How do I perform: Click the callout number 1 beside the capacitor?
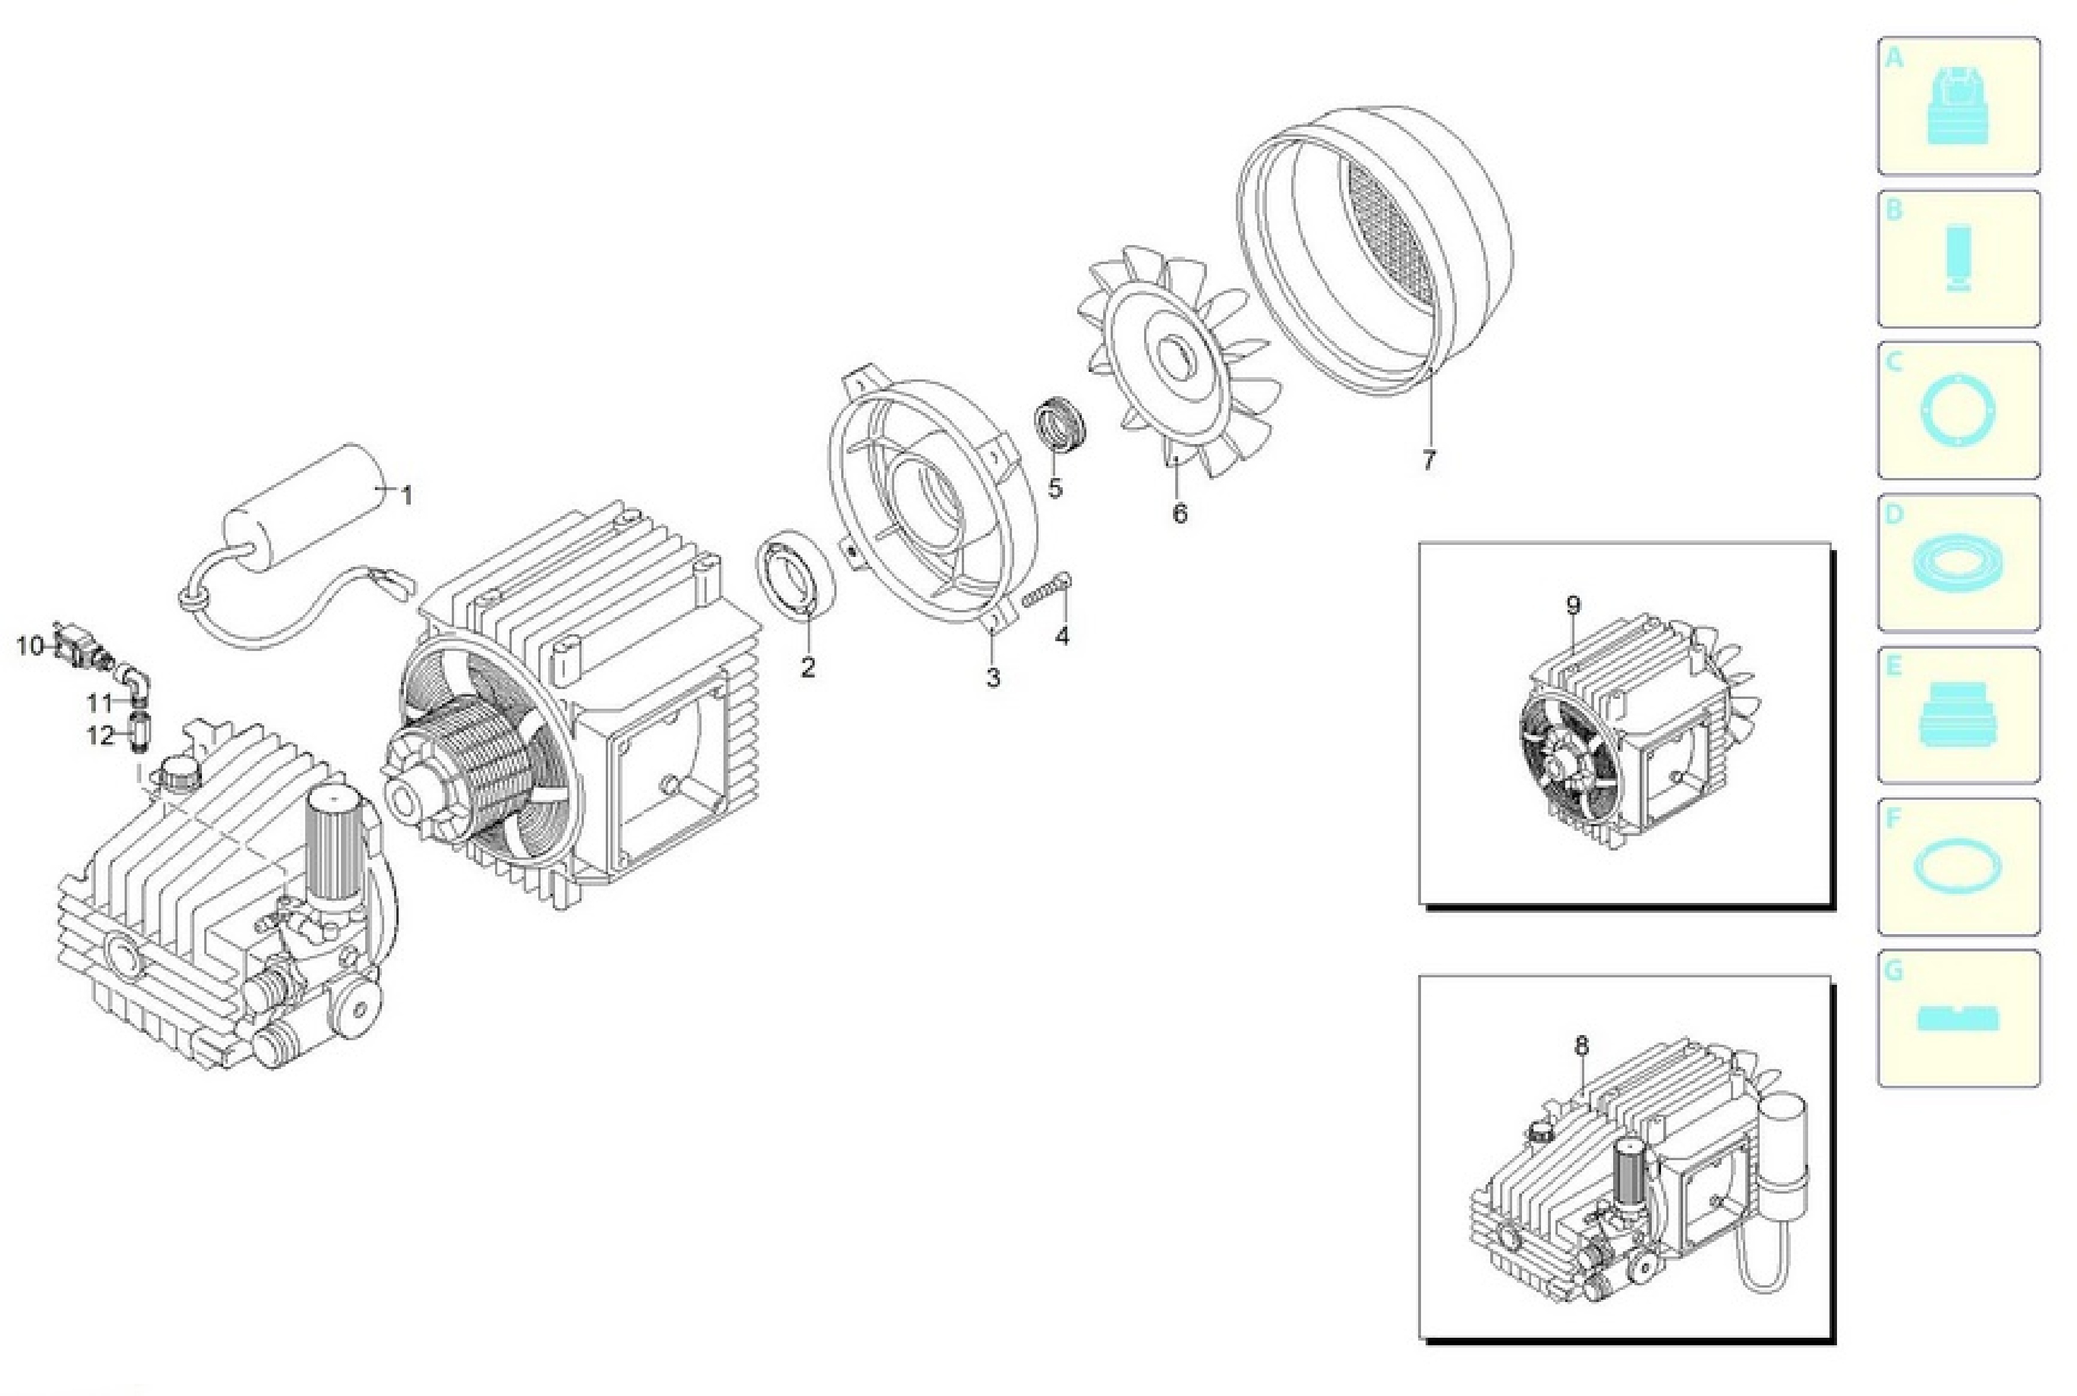click(x=407, y=496)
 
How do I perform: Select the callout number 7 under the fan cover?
click(x=1429, y=460)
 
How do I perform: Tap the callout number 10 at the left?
click(x=30, y=645)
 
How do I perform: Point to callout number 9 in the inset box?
click(x=1574, y=605)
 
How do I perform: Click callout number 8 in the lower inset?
click(x=1582, y=1046)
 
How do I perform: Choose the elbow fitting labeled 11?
click(x=136, y=680)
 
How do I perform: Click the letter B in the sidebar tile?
click(x=1894, y=210)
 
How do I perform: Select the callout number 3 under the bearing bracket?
click(x=992, y=678)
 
